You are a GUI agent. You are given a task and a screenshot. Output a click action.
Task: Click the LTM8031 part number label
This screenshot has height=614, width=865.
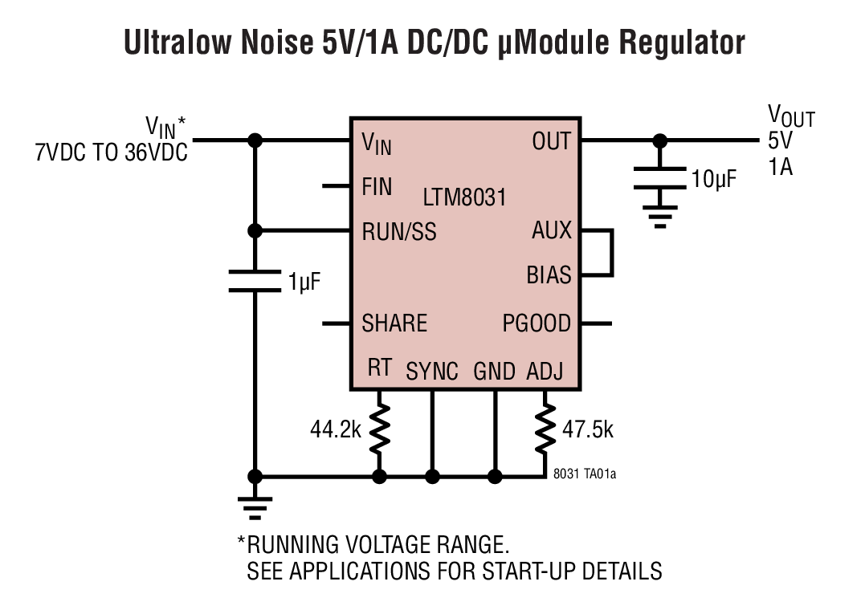(464, 197)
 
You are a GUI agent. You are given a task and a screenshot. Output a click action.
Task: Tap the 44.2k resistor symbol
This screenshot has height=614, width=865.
(379, 429)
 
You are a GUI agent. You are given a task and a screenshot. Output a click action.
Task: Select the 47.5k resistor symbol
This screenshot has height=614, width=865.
(545, 429)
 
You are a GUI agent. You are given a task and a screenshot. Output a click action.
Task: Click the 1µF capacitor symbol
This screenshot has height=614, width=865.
(255, 281)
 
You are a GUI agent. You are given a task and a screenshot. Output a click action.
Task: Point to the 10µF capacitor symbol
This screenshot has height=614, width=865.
(659, 178)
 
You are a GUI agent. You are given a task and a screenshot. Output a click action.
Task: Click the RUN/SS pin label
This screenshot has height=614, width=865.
(399, 232)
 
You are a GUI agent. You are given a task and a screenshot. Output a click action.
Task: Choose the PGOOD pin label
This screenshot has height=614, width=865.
(537, 323)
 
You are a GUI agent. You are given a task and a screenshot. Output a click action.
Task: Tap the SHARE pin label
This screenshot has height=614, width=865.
(394, 323)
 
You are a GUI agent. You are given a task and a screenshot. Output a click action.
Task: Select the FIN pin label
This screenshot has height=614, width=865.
(377, 187)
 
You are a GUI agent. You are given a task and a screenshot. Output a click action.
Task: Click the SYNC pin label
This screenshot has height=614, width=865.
(432, 372)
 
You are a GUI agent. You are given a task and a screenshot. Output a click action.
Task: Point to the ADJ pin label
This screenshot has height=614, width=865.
(545, 372)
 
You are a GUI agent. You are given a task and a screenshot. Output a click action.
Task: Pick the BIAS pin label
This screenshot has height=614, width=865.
(549, 275)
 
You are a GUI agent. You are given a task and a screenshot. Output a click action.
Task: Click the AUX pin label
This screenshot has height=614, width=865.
(552, 231)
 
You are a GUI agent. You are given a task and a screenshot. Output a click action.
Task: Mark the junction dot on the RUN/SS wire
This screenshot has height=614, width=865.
(255, 231)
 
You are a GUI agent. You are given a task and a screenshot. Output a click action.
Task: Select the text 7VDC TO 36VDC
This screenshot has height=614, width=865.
(111, 152)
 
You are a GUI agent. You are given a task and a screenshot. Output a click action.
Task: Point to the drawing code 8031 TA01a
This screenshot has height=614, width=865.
(585, 474)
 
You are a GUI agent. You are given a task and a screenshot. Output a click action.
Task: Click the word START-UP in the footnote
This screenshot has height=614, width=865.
(528, 571)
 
